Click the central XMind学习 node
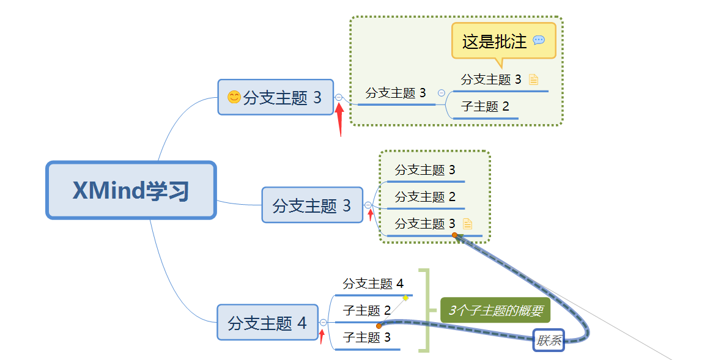click(x=131, y=190)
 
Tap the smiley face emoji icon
click(x=234, y=97)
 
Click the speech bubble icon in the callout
click(x=538, y=40)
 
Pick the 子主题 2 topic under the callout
click(x=485, y=106)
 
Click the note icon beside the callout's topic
click(x=533, y=79)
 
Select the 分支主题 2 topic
click(x=425, y=197)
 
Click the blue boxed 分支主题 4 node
click(x=267, y=322)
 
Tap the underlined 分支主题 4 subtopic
click(x=373, y=284)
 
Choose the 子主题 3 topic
click(x=366, y=337)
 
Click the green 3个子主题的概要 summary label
click(x=495, y=310)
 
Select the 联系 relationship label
click(x=549, y=340)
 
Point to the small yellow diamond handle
click(x=405, y=298)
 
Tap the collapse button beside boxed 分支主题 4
click(x=323, y=322)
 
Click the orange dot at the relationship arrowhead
click(x=454, y=235)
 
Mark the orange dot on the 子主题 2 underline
click(x=379, y=326)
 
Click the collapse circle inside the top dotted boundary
click(x=442, y=93)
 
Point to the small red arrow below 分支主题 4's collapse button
click(x=322, y=336)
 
